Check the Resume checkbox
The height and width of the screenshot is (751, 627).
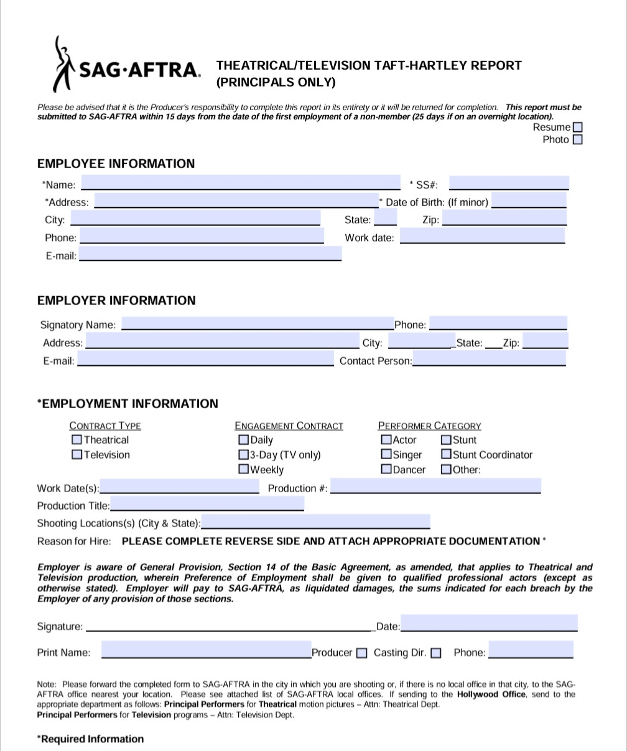pyautogui.click(x=577, y=128)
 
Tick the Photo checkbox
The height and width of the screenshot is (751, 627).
pyautogui.click(x=577, y=140)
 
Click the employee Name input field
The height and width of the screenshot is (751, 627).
pyautogui.click(x=241, y=183)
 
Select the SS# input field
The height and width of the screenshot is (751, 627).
pyautogui.click(x=508, y=183)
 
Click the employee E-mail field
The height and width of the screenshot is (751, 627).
pyautogui.click(x=210, y=254)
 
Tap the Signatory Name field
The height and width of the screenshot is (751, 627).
pyautogui.click(x=258, y=324)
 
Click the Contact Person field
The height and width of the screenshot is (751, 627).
pyautogui.click(x=489, y=359)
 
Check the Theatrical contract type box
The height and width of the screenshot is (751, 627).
pyautogui.click(x=77, y=439)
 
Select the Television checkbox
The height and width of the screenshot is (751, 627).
pyautogui.click(x=77, y=454)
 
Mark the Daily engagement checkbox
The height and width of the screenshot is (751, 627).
pyautogui.click(x=243, y=440)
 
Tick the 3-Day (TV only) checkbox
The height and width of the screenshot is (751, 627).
pyautogui.click(x=243, y=455)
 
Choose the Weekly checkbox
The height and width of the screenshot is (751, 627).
pyautogui.click(x=243, y=470)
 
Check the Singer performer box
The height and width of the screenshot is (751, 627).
pyautogui.click(x=386, y=455)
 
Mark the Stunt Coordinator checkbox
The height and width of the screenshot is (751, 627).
pyautogui.click(x=446, y=455)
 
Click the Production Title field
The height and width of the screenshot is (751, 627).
pyautogui.click(x=207, y=504)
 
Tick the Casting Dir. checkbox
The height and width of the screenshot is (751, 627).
pyautogui.click(x=436, y=653)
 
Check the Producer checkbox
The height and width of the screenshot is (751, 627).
pyautogui.click(x=362, y=653)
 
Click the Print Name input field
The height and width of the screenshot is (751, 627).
pyautogui.click(x=206, y=651)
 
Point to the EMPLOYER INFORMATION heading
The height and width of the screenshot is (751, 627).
pyautogui.click(x=116, y=301)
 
